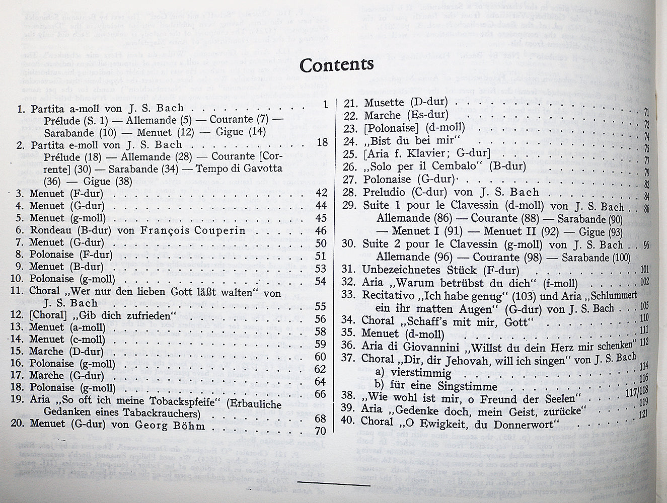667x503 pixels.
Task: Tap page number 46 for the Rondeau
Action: point(321,231)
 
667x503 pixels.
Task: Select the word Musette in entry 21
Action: point(384,103)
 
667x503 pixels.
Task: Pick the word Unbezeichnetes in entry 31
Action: point(401,270)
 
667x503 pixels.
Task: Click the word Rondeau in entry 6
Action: point(52,231)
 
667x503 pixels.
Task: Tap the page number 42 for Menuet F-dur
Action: point(321,193)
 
